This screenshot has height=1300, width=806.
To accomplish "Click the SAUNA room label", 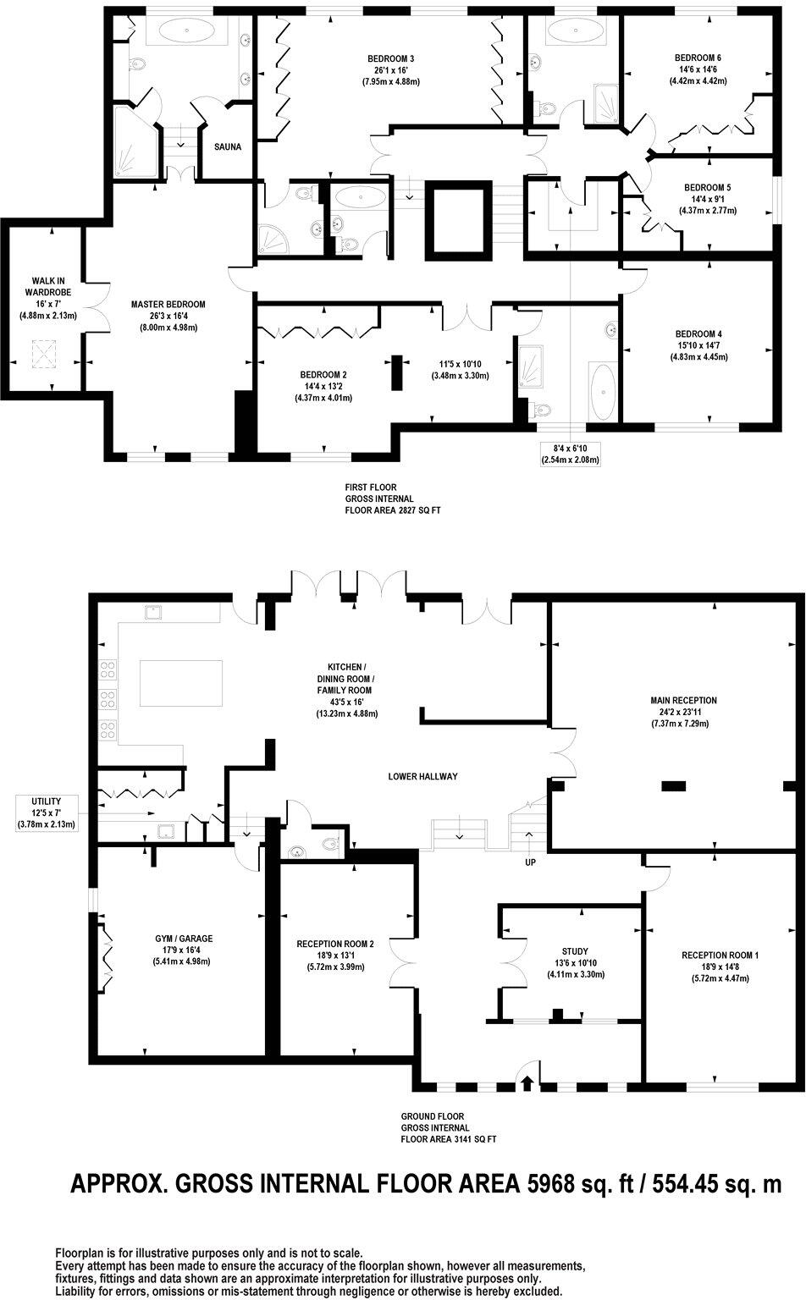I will tap(228, 146).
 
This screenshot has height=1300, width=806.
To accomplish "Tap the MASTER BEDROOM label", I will tap(168, 305).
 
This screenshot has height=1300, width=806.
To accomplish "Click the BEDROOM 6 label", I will tap(698, 58).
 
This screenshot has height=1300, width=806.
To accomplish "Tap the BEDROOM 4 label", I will tap(698, 333).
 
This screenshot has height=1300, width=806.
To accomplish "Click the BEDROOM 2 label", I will tap(323, 374).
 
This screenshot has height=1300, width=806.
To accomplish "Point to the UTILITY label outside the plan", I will tap(47, 801).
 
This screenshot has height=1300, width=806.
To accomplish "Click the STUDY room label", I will tap(575, 951).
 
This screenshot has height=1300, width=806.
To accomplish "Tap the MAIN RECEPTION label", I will tap(683, 701).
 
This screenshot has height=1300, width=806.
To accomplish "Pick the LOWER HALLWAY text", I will tap(423, 776).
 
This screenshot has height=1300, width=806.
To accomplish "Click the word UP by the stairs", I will tap(531, 862).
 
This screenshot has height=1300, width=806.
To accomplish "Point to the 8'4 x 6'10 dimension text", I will tap(570, 449).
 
